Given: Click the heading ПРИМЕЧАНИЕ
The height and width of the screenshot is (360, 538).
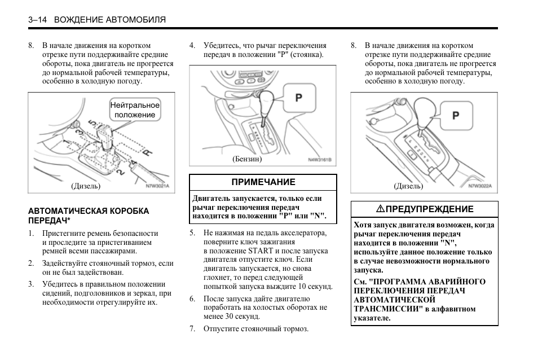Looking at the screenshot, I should pos(263,182).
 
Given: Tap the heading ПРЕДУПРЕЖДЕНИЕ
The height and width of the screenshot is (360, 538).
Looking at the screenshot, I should pos(429,209).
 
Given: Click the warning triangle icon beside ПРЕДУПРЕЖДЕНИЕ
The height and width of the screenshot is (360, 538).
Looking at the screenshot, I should pos(381,209).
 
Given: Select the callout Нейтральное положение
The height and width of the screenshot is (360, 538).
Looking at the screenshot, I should pos(135,110).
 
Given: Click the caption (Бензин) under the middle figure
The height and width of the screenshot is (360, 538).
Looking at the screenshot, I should pos(247,159).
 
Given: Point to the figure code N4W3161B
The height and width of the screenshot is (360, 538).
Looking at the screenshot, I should pos(319,160).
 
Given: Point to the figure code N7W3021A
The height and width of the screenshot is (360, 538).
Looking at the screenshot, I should pos(157,186).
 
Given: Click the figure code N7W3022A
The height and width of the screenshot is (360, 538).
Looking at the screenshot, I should pos(480,185).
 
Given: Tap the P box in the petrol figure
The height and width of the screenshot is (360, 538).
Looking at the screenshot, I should pos(299,98).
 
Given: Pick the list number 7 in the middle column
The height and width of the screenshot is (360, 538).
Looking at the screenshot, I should pos(193,329).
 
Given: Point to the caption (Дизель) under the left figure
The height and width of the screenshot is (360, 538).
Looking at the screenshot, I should pos(86,186).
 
